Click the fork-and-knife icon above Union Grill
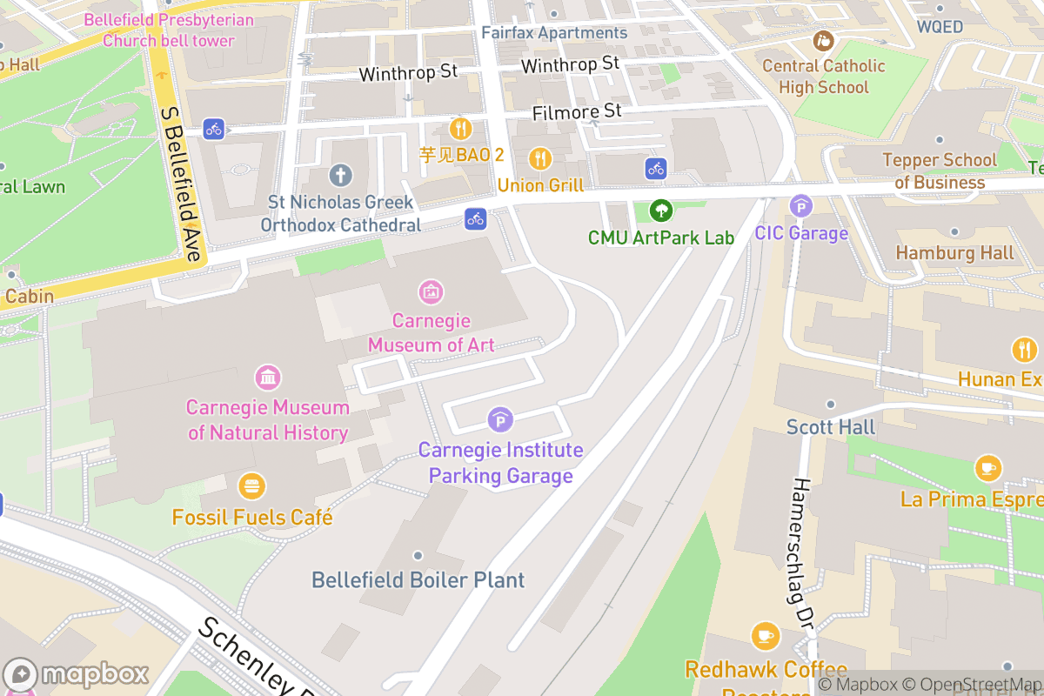click(540, 158)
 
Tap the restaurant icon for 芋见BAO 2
click(460, 130)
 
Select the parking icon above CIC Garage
click(800, 206)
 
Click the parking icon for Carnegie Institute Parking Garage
click(500, 421)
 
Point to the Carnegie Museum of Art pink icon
click(430, 291)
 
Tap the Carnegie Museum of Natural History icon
click(268, 378)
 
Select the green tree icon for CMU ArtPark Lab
click(661, 210)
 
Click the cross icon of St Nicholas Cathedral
click(340, 176)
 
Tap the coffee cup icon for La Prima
click(987, 468)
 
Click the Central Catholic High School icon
click(822, 40)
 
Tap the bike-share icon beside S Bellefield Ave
click(214, 130)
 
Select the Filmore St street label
click(577, 111)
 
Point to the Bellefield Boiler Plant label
click(418, 579)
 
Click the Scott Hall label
click(831, 426)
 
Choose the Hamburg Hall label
click(954, 252)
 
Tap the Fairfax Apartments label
click(554, 32)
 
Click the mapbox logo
click(78, 674)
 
